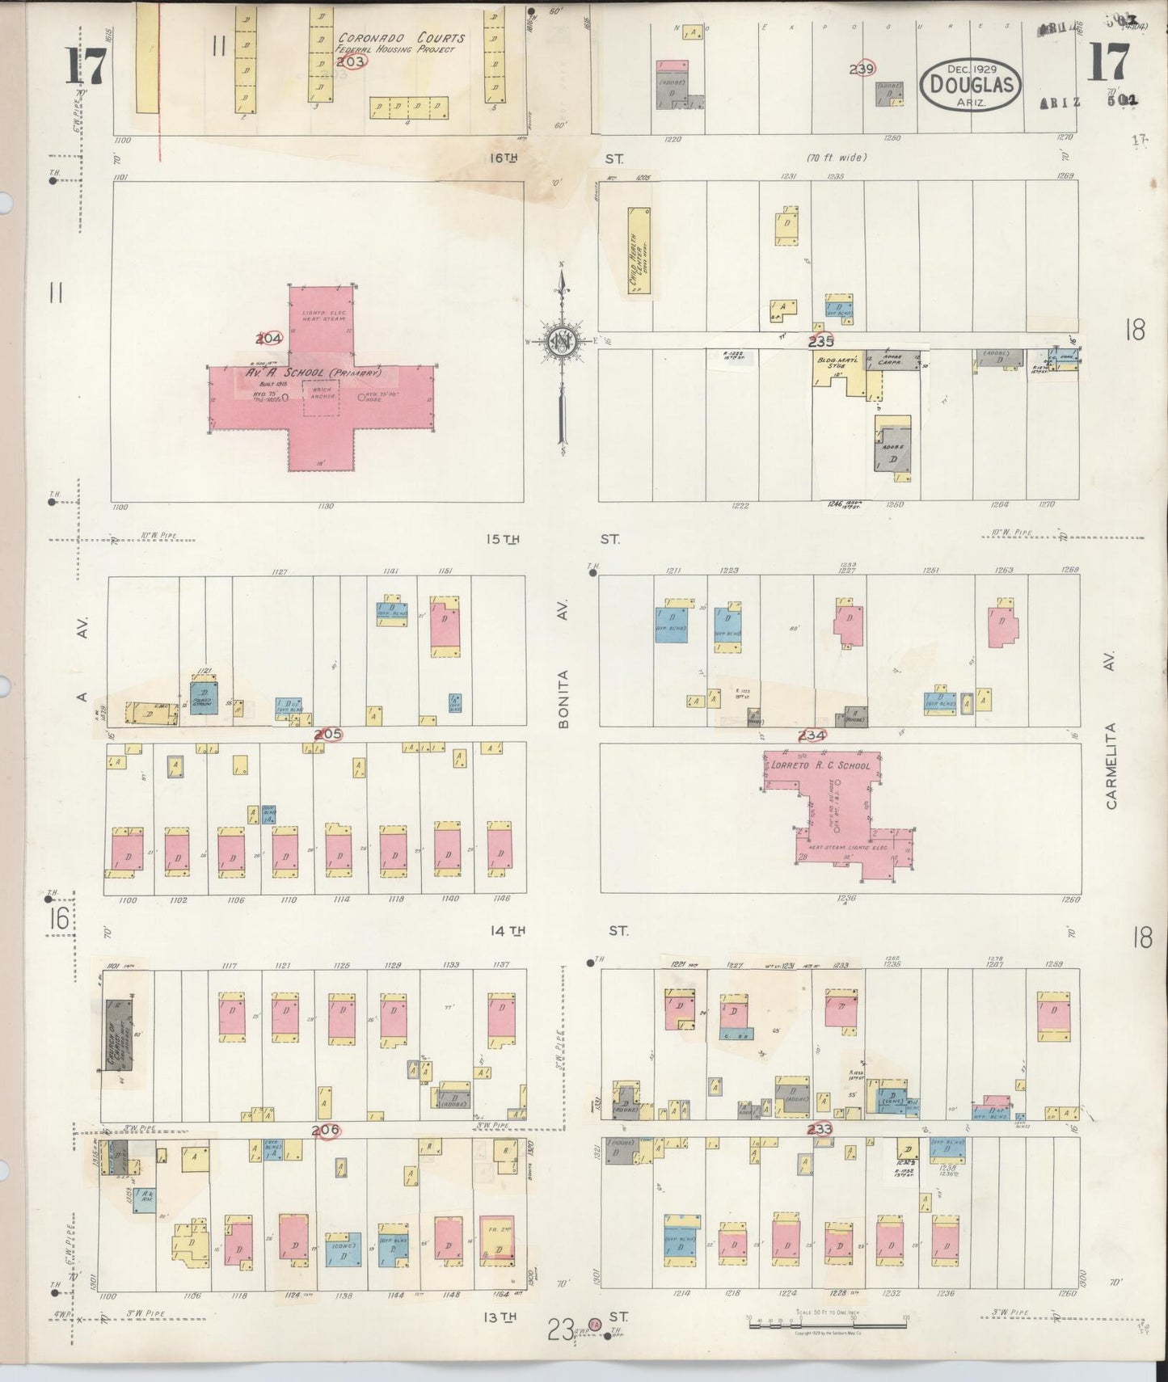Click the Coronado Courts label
tap(401, 38)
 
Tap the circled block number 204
tap(269, 338)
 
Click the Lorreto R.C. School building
tap(833, 816)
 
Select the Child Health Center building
tap(639, 251)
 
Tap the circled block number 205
tap(327, 734)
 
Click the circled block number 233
tap(819, 1129)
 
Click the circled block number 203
tap(352, 61)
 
